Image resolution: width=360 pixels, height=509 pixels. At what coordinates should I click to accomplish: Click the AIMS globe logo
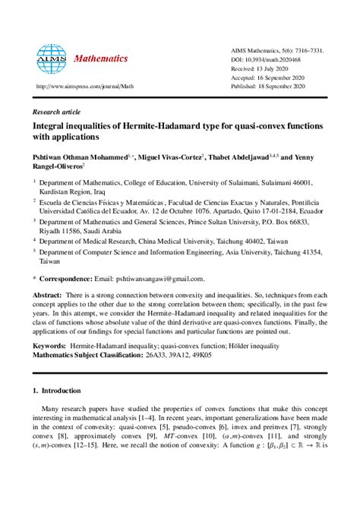(x=52, y=57)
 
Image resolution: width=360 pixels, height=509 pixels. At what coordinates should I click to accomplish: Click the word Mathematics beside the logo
(x=100, y=58)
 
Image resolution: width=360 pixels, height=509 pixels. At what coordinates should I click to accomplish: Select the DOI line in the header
(x=271, y=59)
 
